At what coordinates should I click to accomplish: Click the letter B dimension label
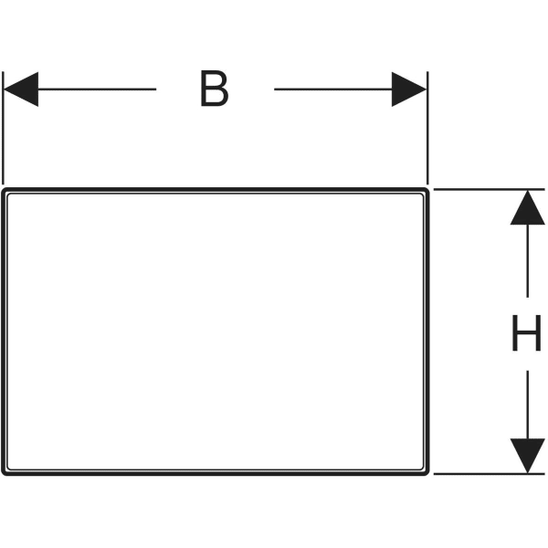[215, 89]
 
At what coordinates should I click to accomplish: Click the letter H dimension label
[526, 332]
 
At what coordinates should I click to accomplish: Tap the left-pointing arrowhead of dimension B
[21, 90]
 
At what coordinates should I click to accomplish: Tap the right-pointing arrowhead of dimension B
[409, 90]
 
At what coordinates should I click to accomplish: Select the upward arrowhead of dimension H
[527, 207]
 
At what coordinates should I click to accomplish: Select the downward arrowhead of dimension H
[527, 456]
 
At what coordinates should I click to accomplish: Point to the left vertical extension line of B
[3, 128]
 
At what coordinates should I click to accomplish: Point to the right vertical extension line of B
[427, 128]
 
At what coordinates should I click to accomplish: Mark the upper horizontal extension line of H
[489, 189]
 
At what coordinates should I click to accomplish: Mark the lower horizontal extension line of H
[489, 474]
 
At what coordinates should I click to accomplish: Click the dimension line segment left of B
[97, 90]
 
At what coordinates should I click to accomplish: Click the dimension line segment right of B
[333, 90]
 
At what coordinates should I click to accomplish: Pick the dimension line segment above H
[527, 260]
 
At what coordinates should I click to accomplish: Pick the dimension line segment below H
[527, 405]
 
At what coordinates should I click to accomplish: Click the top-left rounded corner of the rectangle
[4, 191]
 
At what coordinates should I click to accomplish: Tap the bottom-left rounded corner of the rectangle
[4, 473]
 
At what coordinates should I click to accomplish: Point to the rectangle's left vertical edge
[3, 332]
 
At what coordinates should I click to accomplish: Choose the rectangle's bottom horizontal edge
[216, 474]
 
